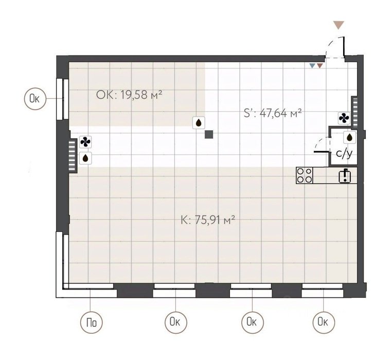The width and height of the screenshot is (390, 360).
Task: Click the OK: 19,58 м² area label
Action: coord(129,95)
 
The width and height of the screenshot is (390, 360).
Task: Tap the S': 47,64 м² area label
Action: coord(273,113)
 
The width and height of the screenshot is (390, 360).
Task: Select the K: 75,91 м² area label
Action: coord(208,220)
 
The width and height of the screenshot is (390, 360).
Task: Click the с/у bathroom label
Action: coord(344,154)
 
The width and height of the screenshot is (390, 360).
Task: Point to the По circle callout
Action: coord(92,322)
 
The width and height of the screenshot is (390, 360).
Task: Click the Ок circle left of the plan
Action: coord(36,99)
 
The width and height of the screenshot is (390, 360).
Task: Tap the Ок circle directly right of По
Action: coord(175,322)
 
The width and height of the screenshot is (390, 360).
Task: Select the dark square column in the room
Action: coord(209,135)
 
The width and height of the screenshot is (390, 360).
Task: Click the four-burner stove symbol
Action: coord(305,175)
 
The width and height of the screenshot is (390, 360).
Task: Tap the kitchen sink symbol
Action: coord(345,176)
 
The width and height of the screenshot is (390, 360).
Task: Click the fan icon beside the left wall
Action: coord(85,142)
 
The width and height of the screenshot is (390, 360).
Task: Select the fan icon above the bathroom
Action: coord(344,118)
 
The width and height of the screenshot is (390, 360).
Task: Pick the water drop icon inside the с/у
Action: coord(350,137)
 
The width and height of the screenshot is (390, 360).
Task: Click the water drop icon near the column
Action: coord(199,122)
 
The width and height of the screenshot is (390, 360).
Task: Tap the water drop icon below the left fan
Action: coord(85,158)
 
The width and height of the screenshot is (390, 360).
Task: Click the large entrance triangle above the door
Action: coord(339,25)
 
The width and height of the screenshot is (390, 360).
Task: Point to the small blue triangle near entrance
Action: coord(312,66)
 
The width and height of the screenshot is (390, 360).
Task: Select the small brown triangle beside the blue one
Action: coord(320,66)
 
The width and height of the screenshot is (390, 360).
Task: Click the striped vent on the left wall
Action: coord(72,155)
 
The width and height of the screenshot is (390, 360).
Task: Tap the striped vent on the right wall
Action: coord(354,111)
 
